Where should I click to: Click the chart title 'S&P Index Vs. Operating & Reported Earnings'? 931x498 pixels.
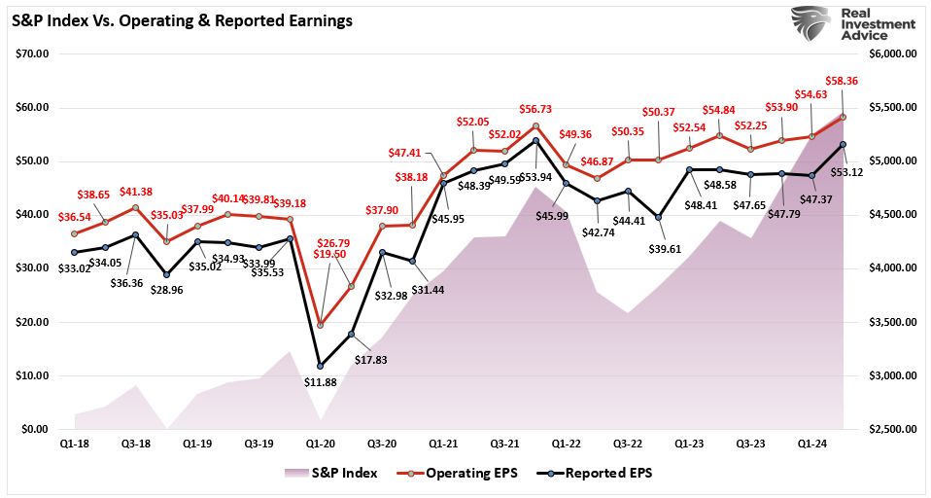point(182,19)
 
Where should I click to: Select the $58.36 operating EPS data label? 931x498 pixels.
point(842,83)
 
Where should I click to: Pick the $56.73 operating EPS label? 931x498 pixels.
point(536,110)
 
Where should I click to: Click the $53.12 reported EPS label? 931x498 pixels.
point(845,174)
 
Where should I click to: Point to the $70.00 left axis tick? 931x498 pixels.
point(33,53)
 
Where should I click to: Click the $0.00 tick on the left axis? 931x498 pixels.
point(36,429)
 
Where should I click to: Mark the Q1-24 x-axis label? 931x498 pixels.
point(812,443)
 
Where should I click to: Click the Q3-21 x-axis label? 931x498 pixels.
point(504,443)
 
